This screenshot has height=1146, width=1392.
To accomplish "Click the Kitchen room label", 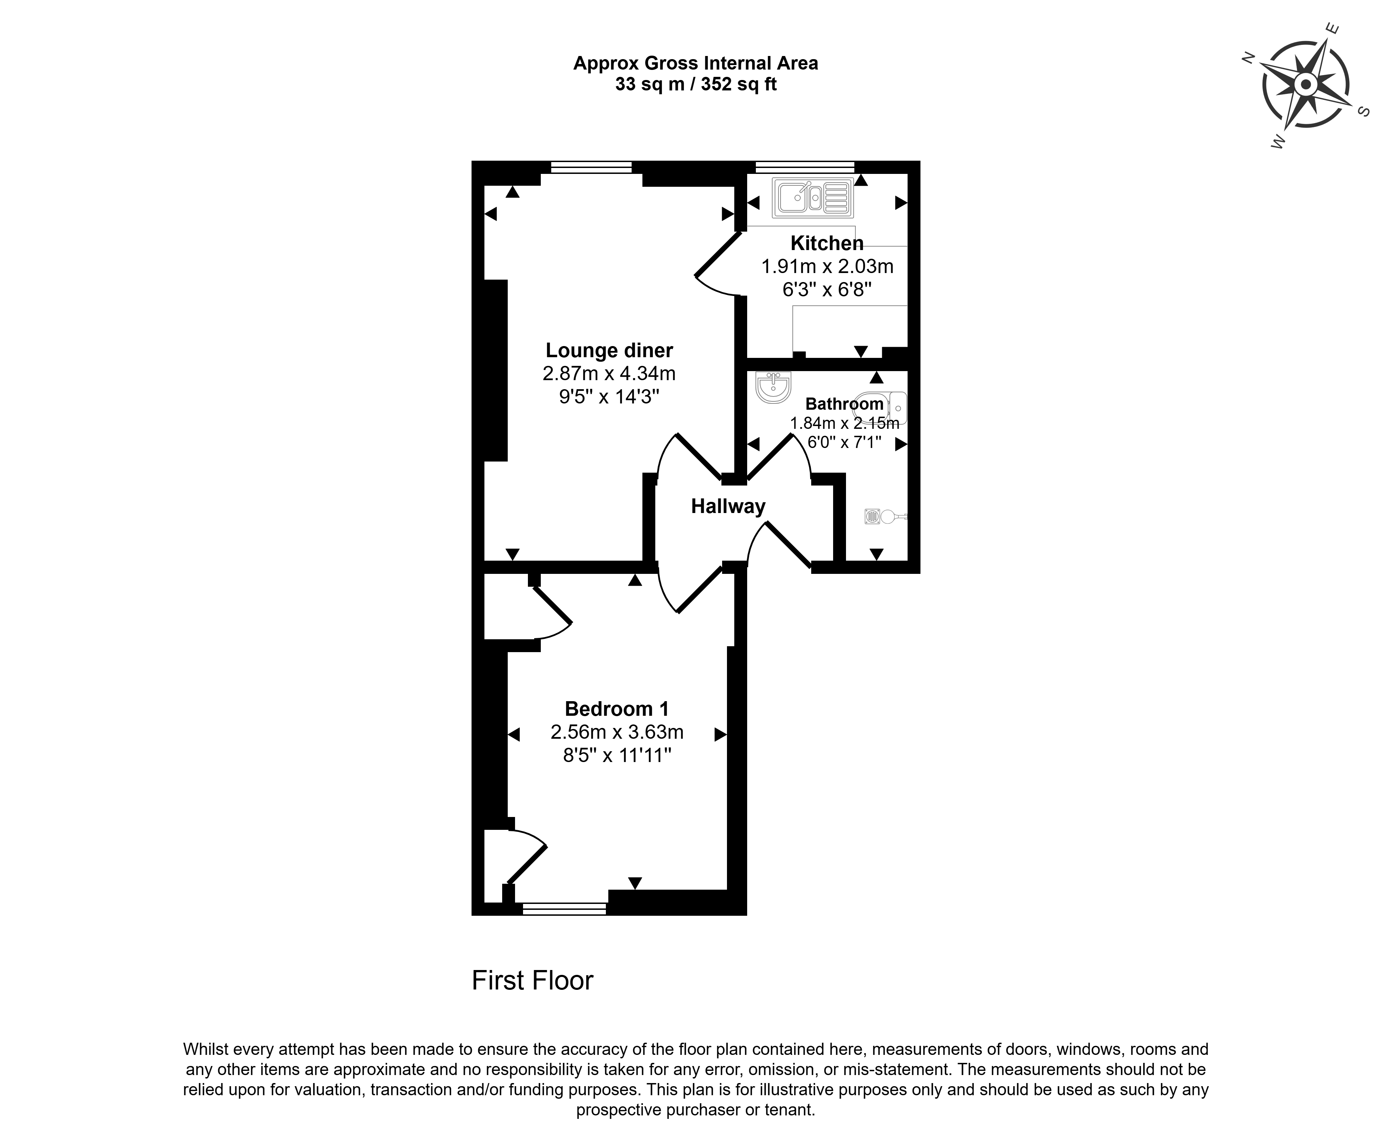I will coord(827,243).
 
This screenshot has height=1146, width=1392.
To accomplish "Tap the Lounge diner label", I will coord(609,351).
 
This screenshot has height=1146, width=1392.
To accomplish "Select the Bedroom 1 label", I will coord(617,709).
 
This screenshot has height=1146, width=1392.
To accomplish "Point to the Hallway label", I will coord(728,506).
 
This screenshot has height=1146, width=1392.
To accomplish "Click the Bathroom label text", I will coord(844,403).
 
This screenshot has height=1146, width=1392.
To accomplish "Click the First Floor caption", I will coord(532,981).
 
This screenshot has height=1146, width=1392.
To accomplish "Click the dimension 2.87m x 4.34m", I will coord(609,374).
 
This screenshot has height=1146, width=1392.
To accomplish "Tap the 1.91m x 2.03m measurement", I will coord(827,267).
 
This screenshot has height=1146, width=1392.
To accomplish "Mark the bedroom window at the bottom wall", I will coord(564,909).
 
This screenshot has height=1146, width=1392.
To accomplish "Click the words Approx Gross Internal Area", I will coord(695,63).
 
